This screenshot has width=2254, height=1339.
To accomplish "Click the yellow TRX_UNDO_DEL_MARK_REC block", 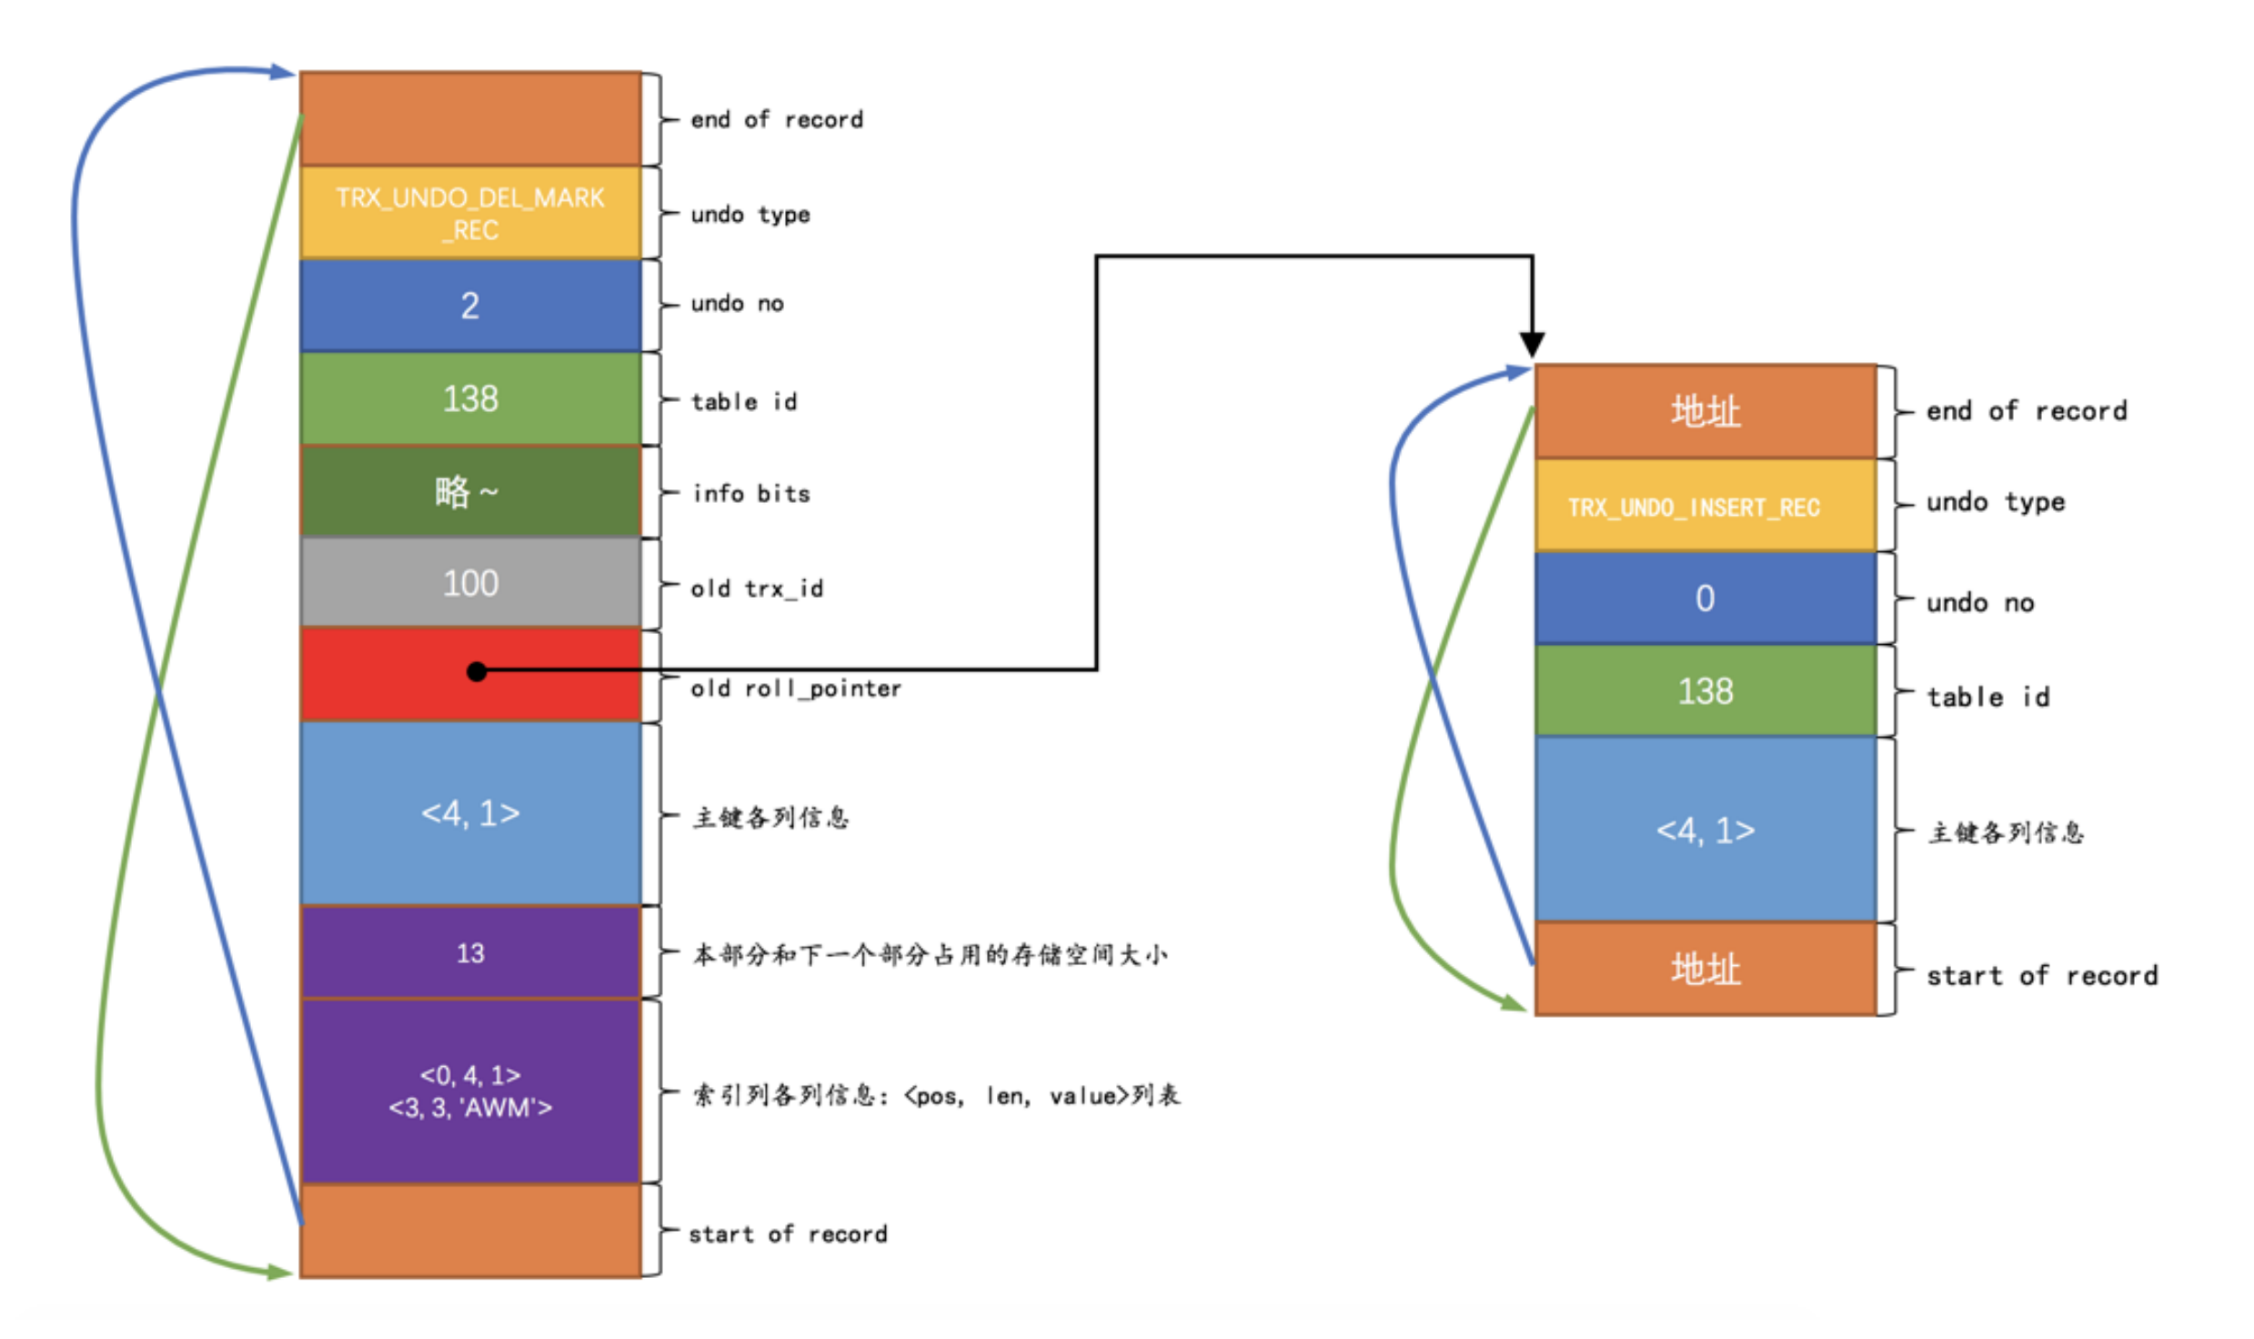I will click(470, 213).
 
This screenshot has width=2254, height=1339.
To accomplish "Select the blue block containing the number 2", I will click(470, 306).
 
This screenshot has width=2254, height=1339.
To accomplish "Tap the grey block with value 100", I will click(470, 583).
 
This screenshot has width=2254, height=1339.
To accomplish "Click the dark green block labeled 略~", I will click(470, 492).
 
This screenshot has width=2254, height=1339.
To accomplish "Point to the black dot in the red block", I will click(477, 671).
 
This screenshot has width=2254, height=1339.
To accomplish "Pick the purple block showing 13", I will click(470, 952).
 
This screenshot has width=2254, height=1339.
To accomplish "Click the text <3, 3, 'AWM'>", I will click(470, 1107).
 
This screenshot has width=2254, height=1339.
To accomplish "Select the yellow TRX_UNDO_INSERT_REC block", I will click(1705, 507).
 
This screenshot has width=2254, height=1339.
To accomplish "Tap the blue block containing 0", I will click(1705, 598).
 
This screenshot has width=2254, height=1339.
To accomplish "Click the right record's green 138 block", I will click(1705, 691).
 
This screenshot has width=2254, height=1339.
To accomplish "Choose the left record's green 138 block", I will click(470, 398).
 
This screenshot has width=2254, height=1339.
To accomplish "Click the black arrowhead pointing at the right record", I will click(1532, 345).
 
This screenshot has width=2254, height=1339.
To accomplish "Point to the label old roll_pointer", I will click(796, 689).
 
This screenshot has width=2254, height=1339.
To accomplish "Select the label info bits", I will click(751, 494).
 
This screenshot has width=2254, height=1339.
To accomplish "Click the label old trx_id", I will click(757, 589).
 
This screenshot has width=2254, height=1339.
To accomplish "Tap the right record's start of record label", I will click(2041, 976).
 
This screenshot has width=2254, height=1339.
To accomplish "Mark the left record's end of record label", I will click(777, 120).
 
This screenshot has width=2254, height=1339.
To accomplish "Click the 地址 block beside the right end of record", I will click(1705, 411).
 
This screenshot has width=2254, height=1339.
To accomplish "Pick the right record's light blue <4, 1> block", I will click(1705, 830).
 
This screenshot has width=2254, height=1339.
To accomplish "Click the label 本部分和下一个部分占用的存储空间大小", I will click(930, 954).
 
